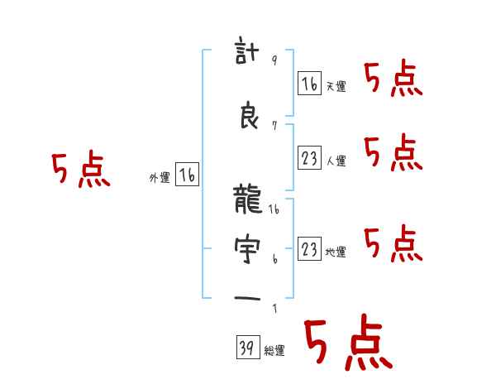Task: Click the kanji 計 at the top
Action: click(249, 55)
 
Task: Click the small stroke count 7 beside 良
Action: click(274, 125)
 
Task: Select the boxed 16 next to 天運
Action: click(309, 84)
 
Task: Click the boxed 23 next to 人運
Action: click(309, 158)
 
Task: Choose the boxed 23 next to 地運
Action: click(309, 248)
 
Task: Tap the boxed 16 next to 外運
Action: click(187, 175)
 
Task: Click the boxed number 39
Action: click(246, 348)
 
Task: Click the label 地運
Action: click(336, 252)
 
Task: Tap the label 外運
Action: click(159, 178)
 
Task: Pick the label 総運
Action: click(274, 351)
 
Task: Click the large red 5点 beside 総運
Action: click(347, 343)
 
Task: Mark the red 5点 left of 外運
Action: click(81, 170)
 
